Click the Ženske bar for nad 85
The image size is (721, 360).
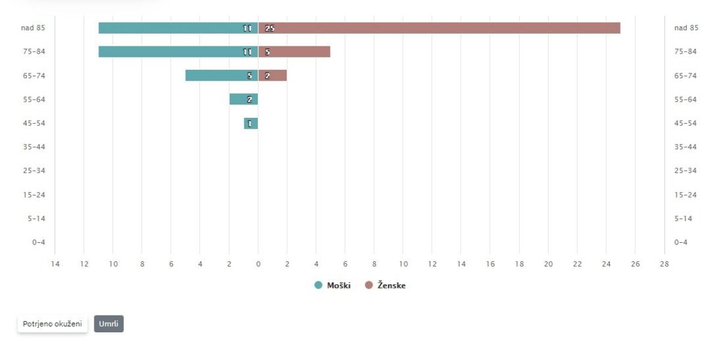tap(439, 28)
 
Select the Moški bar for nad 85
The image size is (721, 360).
tap(178, 28)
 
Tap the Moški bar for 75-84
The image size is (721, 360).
tap(178, 52)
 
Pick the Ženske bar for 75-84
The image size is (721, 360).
tap(294, 52)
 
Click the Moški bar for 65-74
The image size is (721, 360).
tap(222, 76)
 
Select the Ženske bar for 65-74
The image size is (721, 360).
tap(273, 76)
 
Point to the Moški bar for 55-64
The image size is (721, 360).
tap(243, 99)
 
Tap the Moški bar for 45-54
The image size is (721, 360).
tap(251, 123)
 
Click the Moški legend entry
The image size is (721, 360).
tap(333, 285)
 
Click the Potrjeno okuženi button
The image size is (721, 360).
tap(52, 324)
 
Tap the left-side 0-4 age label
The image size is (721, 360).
tap(38, 242)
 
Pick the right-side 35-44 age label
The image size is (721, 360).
tap(685, 147)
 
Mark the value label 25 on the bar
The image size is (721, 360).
tap(269, 28)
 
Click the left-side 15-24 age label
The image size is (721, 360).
tap(36, 195)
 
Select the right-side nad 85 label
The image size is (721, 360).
tap(686, 28)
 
